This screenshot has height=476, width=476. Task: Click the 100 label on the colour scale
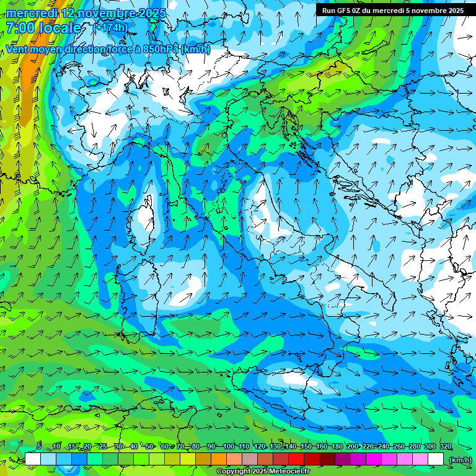[x=228, y=446]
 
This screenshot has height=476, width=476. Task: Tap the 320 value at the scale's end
[x=446, y=446]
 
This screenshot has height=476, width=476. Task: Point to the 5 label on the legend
[x=39, y=446]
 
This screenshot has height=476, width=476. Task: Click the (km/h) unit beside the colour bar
[x=461, y=459]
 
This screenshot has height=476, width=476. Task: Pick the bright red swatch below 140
[x=296, y=459]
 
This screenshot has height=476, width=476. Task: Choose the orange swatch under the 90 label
[x=219, y=459]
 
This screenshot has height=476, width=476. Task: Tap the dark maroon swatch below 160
[x=327, y=459]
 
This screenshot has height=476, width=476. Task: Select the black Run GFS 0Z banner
[x=393, y=10]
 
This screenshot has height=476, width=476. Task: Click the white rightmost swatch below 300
[x=436, y=459]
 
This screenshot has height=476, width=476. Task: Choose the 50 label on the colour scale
[x=149, y=446]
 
